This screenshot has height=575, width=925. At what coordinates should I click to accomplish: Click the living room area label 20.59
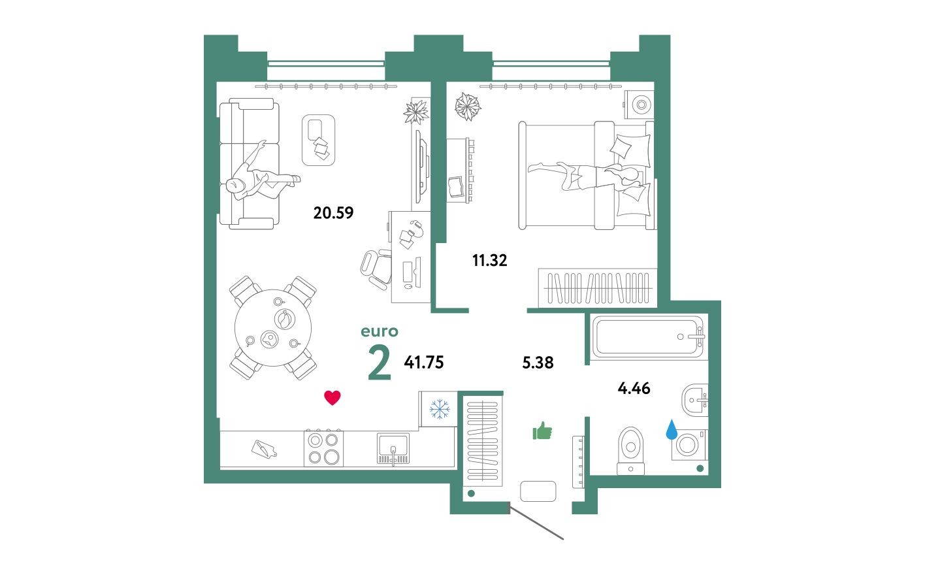coord(333,212)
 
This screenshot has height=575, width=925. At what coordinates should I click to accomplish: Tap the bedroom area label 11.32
coord(489,261)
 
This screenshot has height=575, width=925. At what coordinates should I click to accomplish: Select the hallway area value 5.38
coord(538,363)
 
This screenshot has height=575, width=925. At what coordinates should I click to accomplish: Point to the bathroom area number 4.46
coord(634,388)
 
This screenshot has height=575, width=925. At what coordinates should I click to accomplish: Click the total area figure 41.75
coord(424,363)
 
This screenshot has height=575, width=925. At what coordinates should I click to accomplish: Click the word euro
coord(379,331)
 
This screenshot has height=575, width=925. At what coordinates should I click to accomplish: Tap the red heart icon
coord(333,397)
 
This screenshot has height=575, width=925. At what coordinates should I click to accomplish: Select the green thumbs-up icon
coord(542,431)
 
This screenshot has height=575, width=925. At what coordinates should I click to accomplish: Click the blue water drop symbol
coord(672,430)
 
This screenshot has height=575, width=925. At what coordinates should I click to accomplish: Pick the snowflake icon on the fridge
coord(439,410)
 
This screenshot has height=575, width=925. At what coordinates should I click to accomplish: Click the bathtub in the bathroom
coord(647,337)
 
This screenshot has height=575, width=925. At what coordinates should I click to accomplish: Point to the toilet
coord(630,450)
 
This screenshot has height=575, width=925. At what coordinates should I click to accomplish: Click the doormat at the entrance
coord(538,491)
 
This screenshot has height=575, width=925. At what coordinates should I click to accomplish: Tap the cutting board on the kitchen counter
coord(264,449)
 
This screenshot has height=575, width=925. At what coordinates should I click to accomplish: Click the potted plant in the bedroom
coord(467,106)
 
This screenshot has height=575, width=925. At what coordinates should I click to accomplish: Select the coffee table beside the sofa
coord(318,139)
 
